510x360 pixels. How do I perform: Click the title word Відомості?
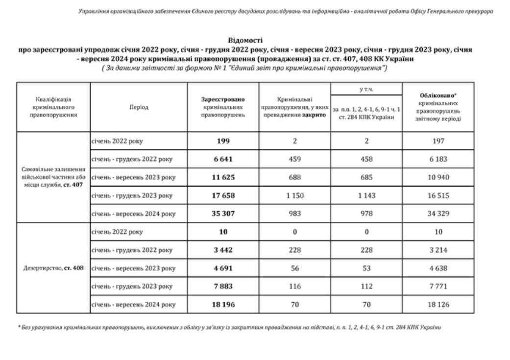[248, 40]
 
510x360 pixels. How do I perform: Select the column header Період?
[139, 107]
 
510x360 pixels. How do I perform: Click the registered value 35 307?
[223, 214]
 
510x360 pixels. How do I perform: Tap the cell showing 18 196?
[223, 304]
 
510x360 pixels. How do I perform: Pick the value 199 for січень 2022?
[223, 141]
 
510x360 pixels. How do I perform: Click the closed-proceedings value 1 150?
[295, 195]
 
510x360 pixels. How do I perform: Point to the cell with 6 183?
[438, 159]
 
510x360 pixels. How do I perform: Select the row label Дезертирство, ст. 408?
[53, 268]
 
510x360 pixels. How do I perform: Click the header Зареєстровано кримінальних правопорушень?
[223, 107]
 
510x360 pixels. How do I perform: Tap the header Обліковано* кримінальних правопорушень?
[438, 107]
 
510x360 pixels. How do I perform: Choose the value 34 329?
[438, 214]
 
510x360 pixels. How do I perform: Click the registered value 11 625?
[223, 177]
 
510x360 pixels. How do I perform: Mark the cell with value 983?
[295, 214]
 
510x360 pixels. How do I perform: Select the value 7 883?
[223, 286]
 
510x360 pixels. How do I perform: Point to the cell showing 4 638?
[438, 268]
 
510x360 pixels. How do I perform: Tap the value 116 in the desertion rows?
[295, 286]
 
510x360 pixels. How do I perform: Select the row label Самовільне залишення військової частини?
[53, 177]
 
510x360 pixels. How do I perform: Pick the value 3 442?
[223, 250]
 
